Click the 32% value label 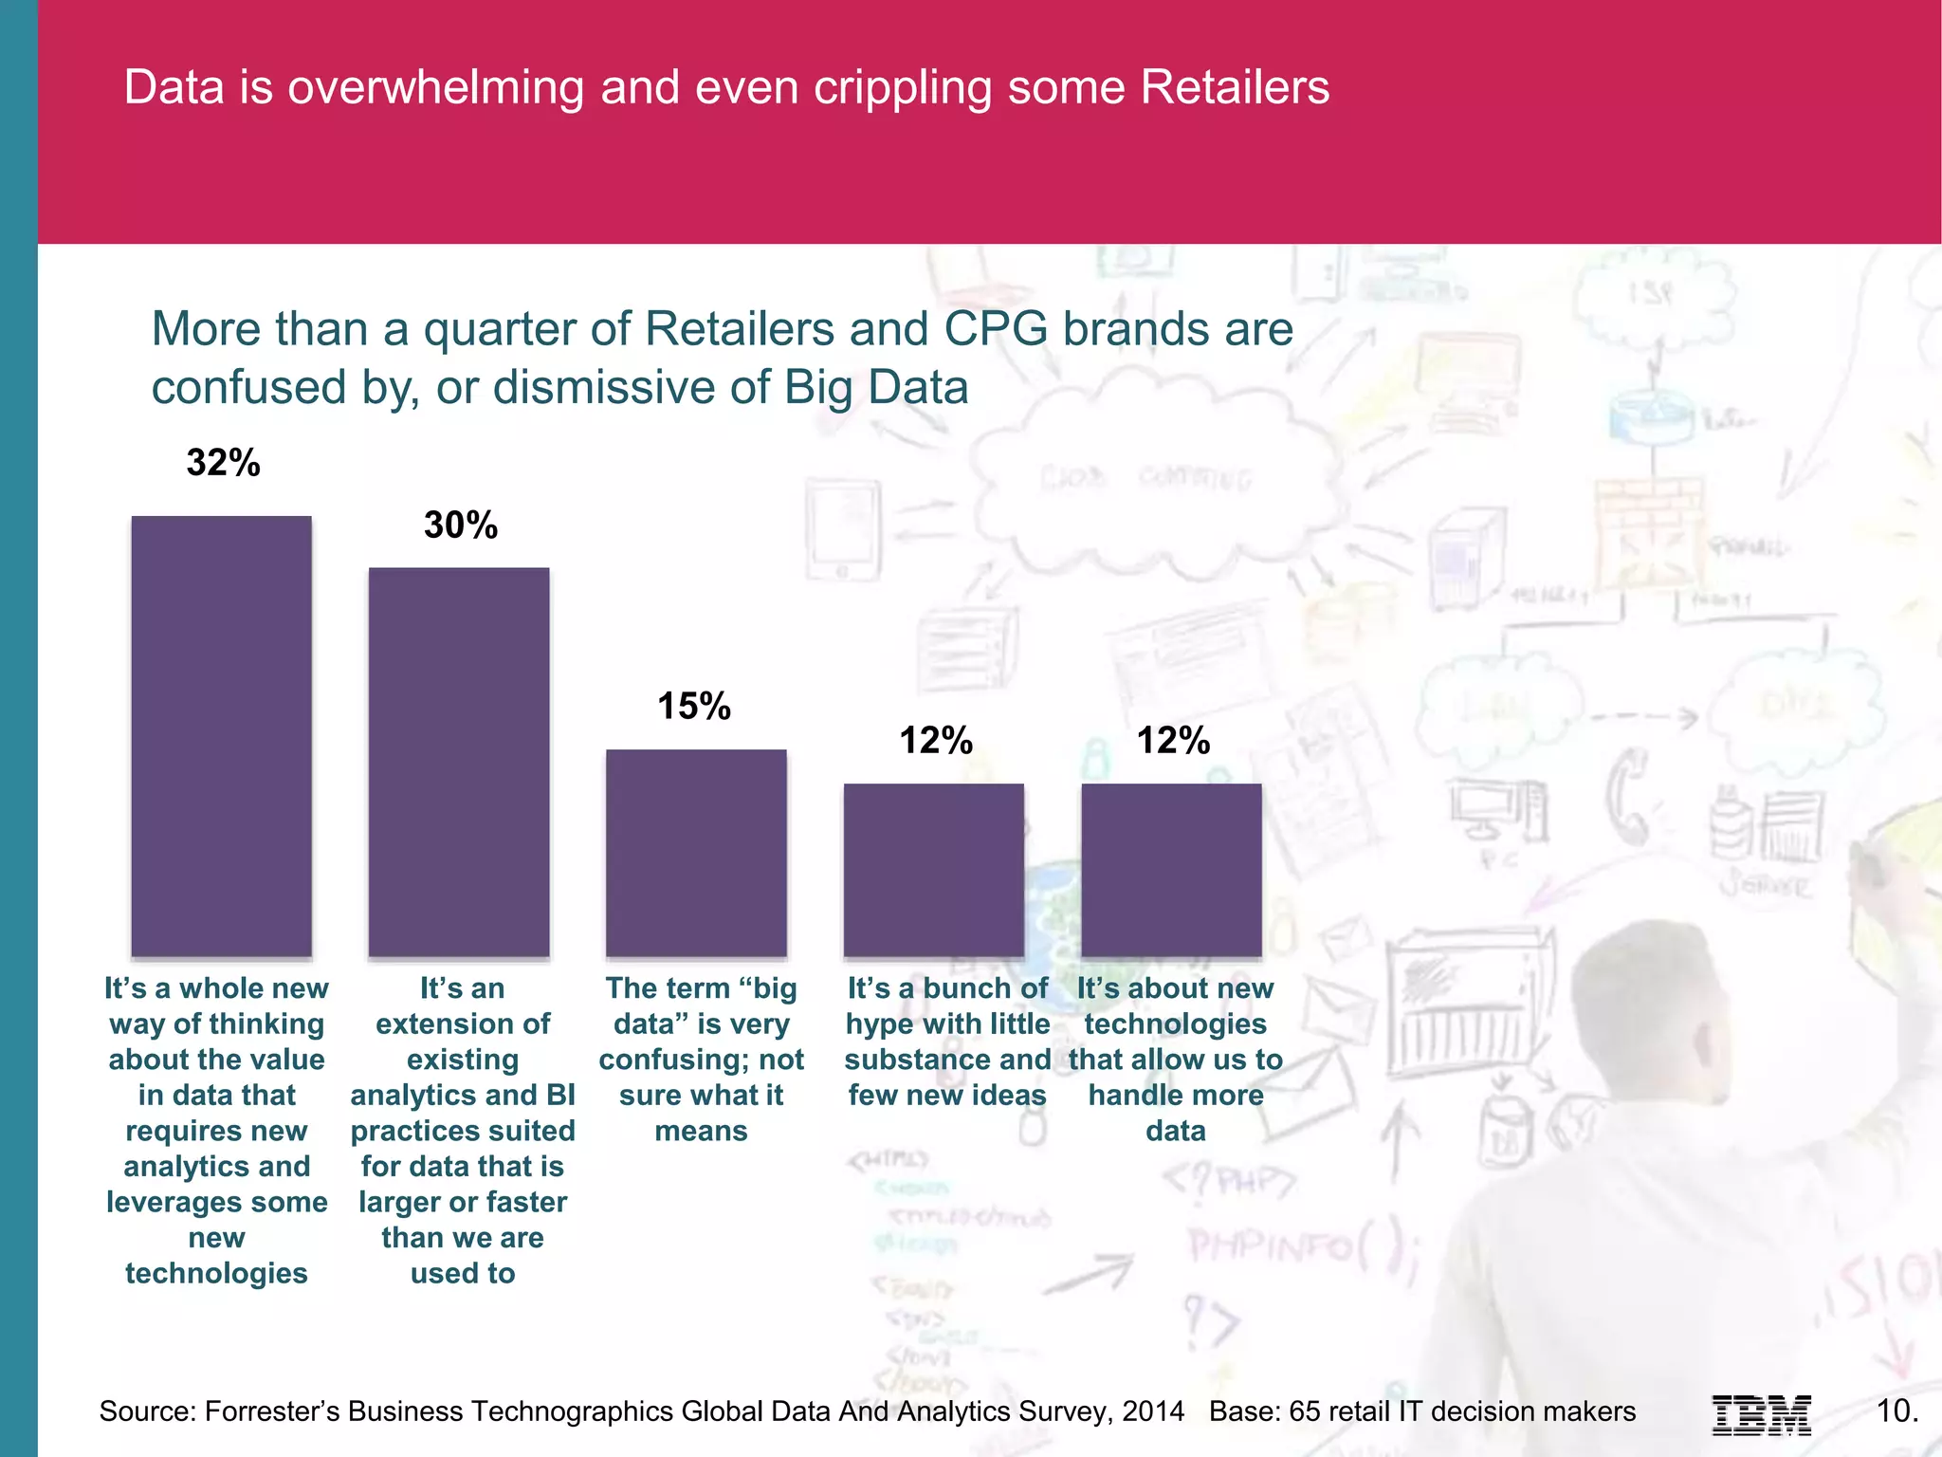coord(223,463)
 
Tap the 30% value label coord(460,525)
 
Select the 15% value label coord(694,706)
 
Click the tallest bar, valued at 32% coord(221,735)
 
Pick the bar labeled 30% coord(459,761)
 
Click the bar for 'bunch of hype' coord(934,869)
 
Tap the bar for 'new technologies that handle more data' coord(1171,869)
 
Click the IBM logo coord(1761,1414)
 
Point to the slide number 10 coord(1896,1411)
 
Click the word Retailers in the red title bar coord(1235,87)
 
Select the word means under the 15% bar coord(701,1131)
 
